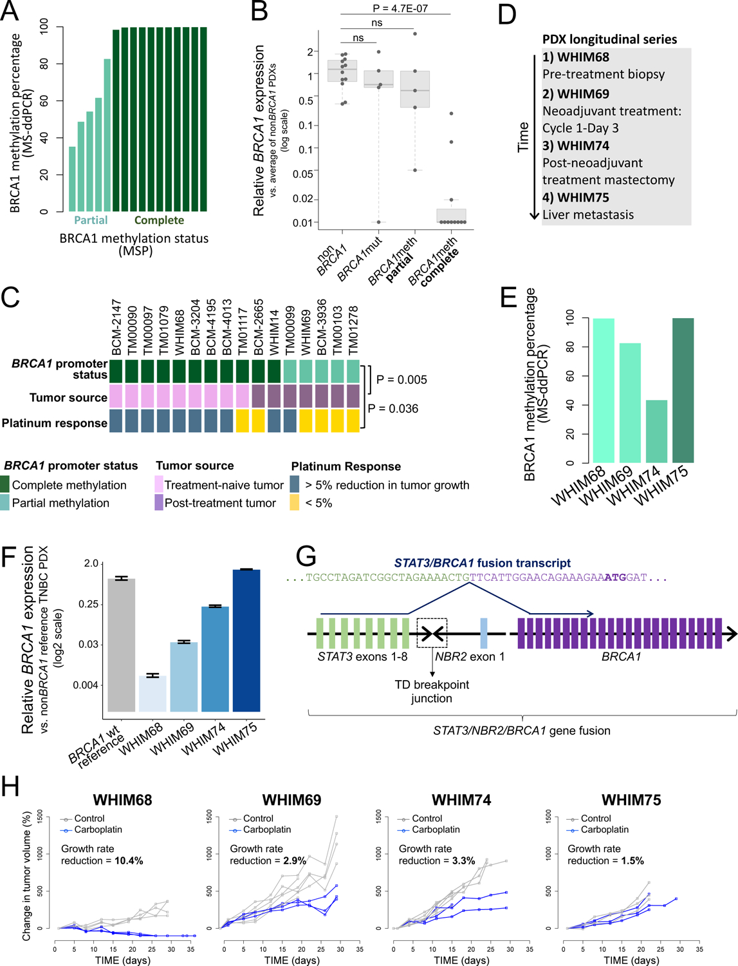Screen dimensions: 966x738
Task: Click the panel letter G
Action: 306,556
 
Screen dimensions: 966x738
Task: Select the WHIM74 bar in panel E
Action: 656,431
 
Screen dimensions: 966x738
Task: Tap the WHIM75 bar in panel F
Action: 246,640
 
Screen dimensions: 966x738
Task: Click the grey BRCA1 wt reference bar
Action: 121,644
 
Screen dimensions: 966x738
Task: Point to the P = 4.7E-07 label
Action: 400,8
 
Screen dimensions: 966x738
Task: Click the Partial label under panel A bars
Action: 91,220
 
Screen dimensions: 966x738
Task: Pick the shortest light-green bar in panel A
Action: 73,179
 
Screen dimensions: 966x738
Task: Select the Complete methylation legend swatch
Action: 5,485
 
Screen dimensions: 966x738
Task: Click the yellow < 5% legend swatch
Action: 295,503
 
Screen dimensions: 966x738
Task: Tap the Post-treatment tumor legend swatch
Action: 159,503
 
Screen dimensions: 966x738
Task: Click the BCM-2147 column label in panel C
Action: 116,327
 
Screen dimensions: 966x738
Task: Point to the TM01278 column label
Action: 353,330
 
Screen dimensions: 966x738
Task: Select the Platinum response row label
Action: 54,423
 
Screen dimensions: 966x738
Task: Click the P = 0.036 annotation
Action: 392,408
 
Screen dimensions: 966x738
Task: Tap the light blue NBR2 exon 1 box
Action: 484,633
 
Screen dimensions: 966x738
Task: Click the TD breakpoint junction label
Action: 432,691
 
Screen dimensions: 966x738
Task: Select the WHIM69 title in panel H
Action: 291,800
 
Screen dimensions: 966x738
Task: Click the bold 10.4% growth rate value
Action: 129,860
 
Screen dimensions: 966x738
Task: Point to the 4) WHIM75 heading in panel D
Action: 575,198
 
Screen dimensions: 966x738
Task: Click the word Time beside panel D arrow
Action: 523,137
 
